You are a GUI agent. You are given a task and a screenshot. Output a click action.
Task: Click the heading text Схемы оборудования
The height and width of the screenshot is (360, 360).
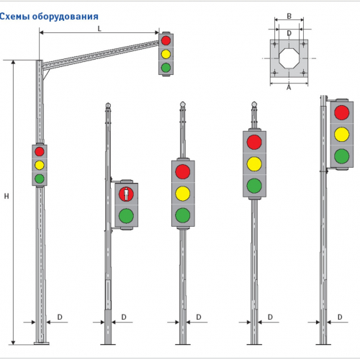pos(49,17)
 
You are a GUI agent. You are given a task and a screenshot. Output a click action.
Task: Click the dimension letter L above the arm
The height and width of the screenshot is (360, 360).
pos(99,29)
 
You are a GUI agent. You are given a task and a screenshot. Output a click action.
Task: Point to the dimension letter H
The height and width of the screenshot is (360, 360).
pos(6,196)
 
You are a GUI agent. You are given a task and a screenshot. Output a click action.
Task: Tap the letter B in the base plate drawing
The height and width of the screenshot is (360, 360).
pos(289,16)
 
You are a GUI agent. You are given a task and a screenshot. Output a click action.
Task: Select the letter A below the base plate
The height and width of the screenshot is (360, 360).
pos(289,88)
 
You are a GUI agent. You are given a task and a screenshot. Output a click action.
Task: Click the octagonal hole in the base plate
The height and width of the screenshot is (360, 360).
pos(289,58)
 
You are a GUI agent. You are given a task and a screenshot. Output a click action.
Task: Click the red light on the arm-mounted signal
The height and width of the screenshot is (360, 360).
pos(166,40)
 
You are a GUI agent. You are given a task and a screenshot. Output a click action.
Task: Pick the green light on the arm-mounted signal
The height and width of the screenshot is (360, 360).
pos(166,68)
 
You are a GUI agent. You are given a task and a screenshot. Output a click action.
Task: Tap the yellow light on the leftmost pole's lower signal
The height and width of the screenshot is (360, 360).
pos(40,165)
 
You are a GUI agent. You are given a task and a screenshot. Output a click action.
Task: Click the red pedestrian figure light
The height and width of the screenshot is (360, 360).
pos(126,194)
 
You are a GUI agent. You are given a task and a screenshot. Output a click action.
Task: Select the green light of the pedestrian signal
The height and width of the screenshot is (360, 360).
pos(126,216)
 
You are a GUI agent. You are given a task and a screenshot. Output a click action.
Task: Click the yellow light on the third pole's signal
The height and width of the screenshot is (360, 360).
pos(183,194)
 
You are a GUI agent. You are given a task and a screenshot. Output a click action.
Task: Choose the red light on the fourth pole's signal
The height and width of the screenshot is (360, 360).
pos(254,142)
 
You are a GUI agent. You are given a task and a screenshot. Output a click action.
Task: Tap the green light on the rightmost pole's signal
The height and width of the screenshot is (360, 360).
pos(342,156)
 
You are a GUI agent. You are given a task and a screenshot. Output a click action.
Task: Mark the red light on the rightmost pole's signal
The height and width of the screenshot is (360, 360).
pos(342,112)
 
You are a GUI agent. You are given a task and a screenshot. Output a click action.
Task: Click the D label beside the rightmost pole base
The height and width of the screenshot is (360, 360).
pos(340,317)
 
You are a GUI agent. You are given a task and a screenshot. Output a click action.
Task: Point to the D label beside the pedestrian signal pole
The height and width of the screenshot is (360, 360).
pos(124,317)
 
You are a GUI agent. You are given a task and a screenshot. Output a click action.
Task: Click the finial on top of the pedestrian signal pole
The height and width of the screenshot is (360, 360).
pos(108,105)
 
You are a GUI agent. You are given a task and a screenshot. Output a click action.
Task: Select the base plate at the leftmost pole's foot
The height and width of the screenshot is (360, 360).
pos(42,343)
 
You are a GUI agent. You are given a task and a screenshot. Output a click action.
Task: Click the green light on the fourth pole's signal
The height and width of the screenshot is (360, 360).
pos(254,186)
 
